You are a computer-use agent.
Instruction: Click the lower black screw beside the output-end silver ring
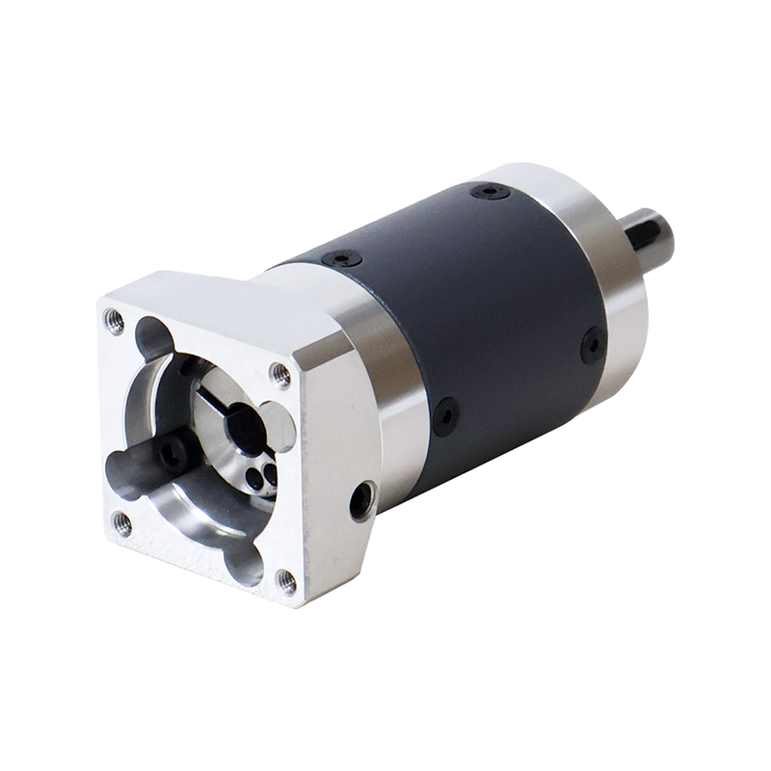[592, 345]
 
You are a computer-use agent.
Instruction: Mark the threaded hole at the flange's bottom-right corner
[286, 578]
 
